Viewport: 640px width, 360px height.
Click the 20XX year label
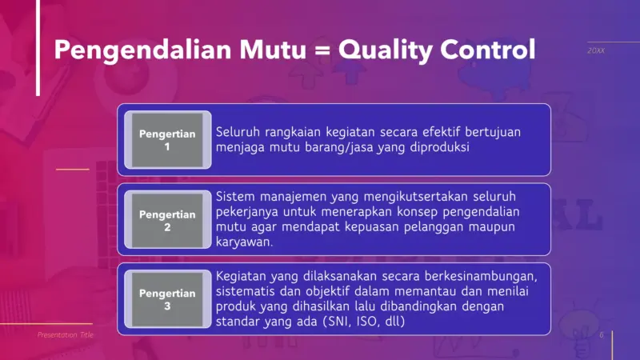596,51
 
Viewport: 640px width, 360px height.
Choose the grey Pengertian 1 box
167,140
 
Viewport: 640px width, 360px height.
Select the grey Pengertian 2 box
167,220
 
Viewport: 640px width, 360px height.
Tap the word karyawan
244,242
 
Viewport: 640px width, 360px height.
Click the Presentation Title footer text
66,335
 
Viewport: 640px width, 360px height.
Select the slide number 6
601,335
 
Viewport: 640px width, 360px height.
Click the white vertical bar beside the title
38,48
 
